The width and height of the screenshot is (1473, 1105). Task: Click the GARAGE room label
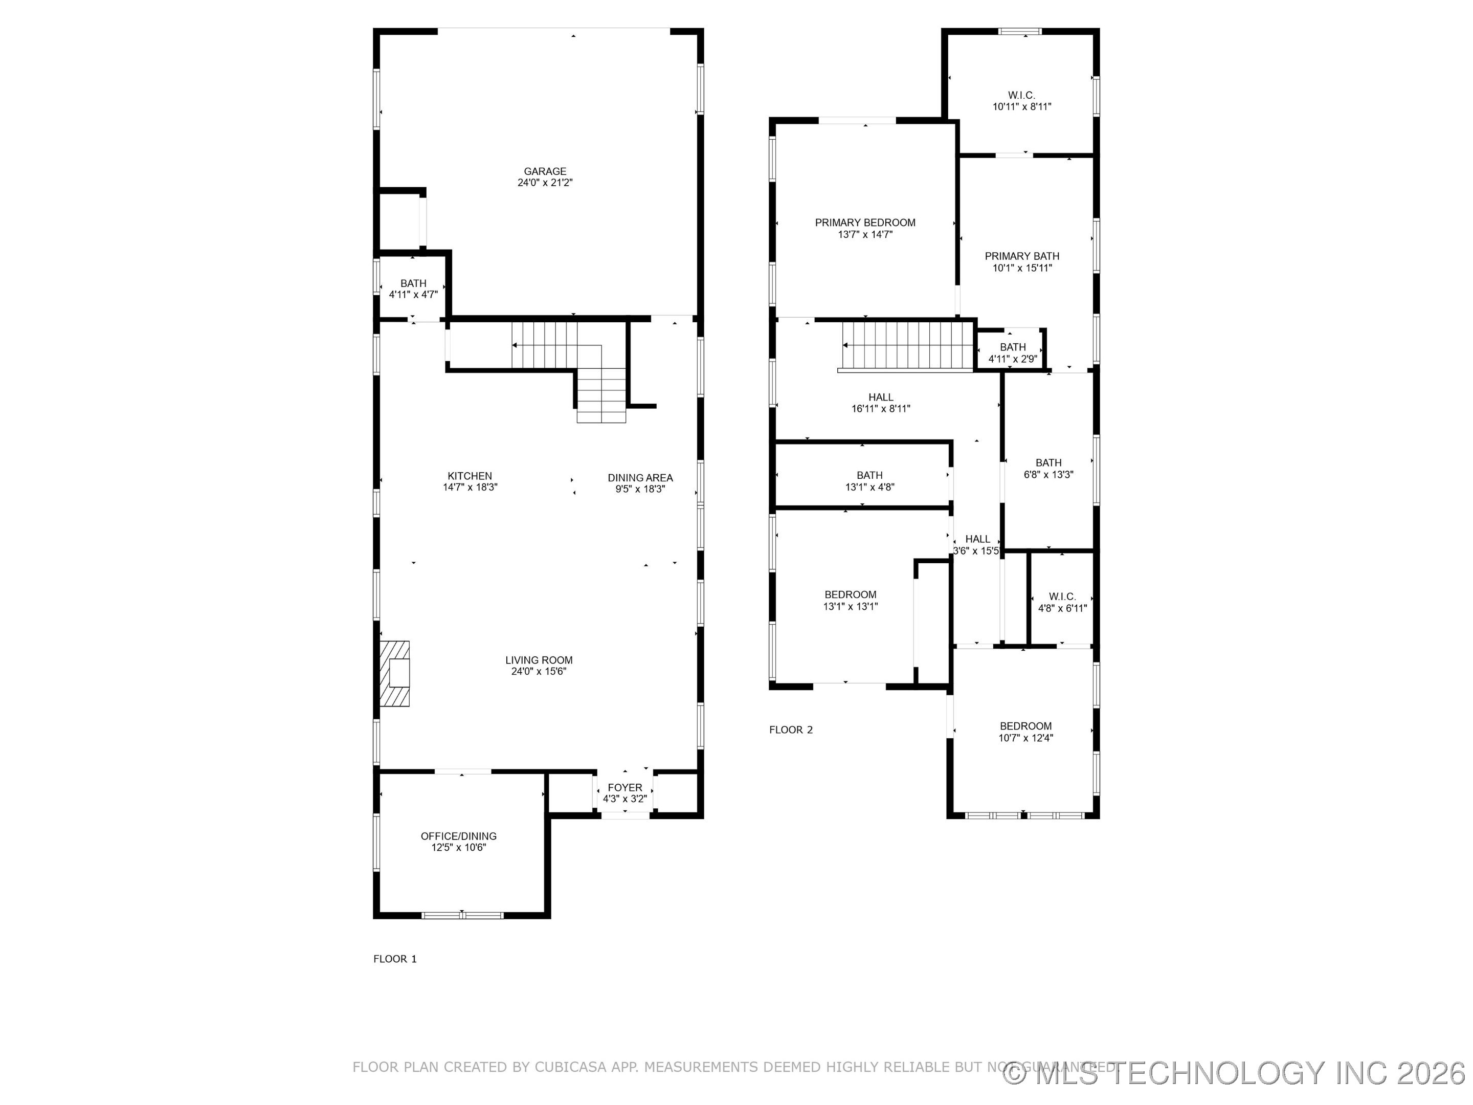point(545,171)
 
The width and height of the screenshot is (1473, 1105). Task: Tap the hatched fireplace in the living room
point(394,673)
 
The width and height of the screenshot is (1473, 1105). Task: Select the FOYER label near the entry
point(624,787)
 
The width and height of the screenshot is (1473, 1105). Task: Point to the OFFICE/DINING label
point(458,836)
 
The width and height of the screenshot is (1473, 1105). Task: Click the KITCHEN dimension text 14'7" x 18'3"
point(470,487)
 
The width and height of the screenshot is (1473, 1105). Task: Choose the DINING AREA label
point(640,478)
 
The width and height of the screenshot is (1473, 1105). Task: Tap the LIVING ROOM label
point(539,660)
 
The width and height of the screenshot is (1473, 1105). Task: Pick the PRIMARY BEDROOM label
point(865,223)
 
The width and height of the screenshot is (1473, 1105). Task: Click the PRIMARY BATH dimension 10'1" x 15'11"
point(1022,268)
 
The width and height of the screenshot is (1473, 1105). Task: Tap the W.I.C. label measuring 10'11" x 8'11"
point(1021,95)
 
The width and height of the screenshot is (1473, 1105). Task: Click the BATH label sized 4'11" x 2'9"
point(1012,347)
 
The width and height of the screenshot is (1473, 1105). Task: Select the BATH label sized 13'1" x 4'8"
point(869,475)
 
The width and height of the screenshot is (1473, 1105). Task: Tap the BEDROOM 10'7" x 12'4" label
point(1025,726)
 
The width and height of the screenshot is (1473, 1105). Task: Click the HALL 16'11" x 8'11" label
point(880,397)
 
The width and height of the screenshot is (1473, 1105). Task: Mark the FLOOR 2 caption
point(790,730)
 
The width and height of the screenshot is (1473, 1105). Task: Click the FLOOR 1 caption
point(395,959)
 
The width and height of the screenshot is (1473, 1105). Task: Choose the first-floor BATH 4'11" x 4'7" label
point(413,283)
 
